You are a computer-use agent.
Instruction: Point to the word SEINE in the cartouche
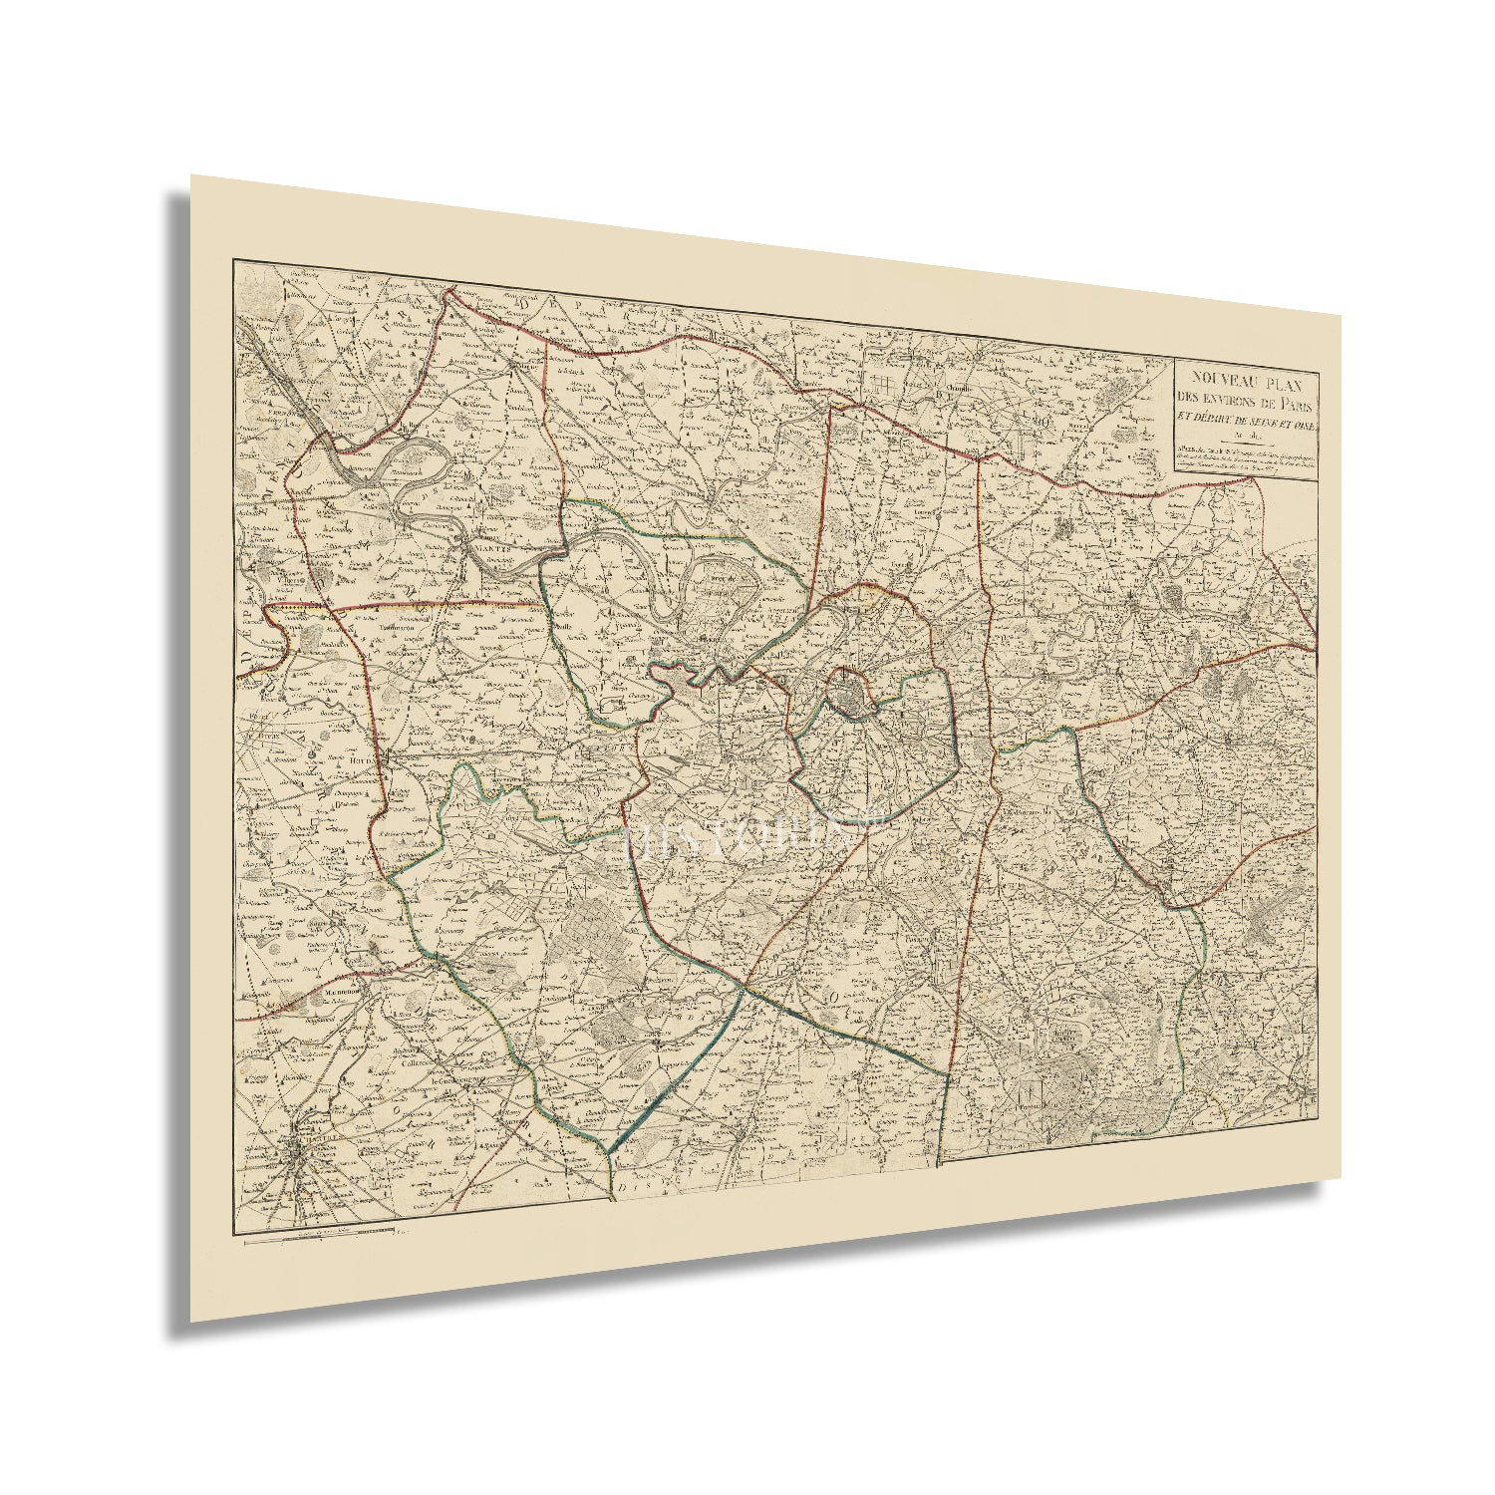[x=1260, y=422]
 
